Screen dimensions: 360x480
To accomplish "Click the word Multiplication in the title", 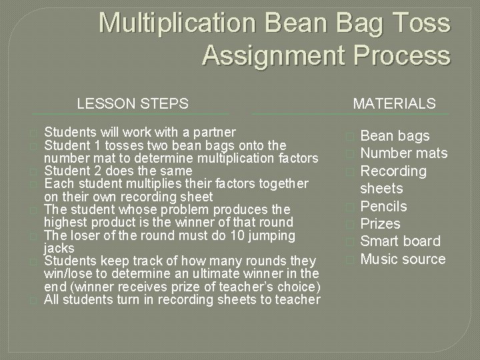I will (177, 24).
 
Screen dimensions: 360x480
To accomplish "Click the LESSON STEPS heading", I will (133, 103).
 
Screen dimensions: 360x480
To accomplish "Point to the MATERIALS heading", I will (394, 103).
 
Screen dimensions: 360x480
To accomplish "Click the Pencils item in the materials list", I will (383, 206).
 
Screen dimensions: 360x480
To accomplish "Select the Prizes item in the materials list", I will (380, 223).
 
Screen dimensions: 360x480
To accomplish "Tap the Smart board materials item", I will (400, 241).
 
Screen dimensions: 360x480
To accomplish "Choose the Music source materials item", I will (403, 259).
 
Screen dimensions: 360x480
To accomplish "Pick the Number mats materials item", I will (403, 153).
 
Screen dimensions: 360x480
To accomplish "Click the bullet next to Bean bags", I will (351, 137).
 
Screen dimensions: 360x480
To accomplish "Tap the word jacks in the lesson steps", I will (59, 247).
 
